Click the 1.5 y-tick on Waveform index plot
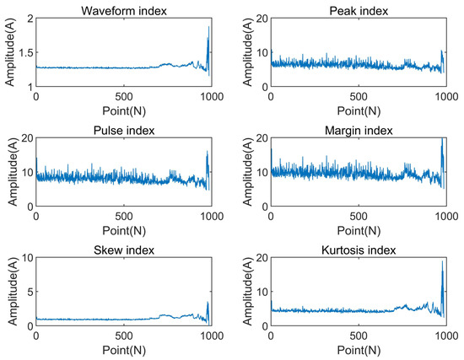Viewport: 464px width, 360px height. [24, 52]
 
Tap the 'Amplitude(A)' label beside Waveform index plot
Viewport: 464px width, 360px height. [8, 52]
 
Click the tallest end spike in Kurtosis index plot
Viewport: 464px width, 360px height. [442, 261]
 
